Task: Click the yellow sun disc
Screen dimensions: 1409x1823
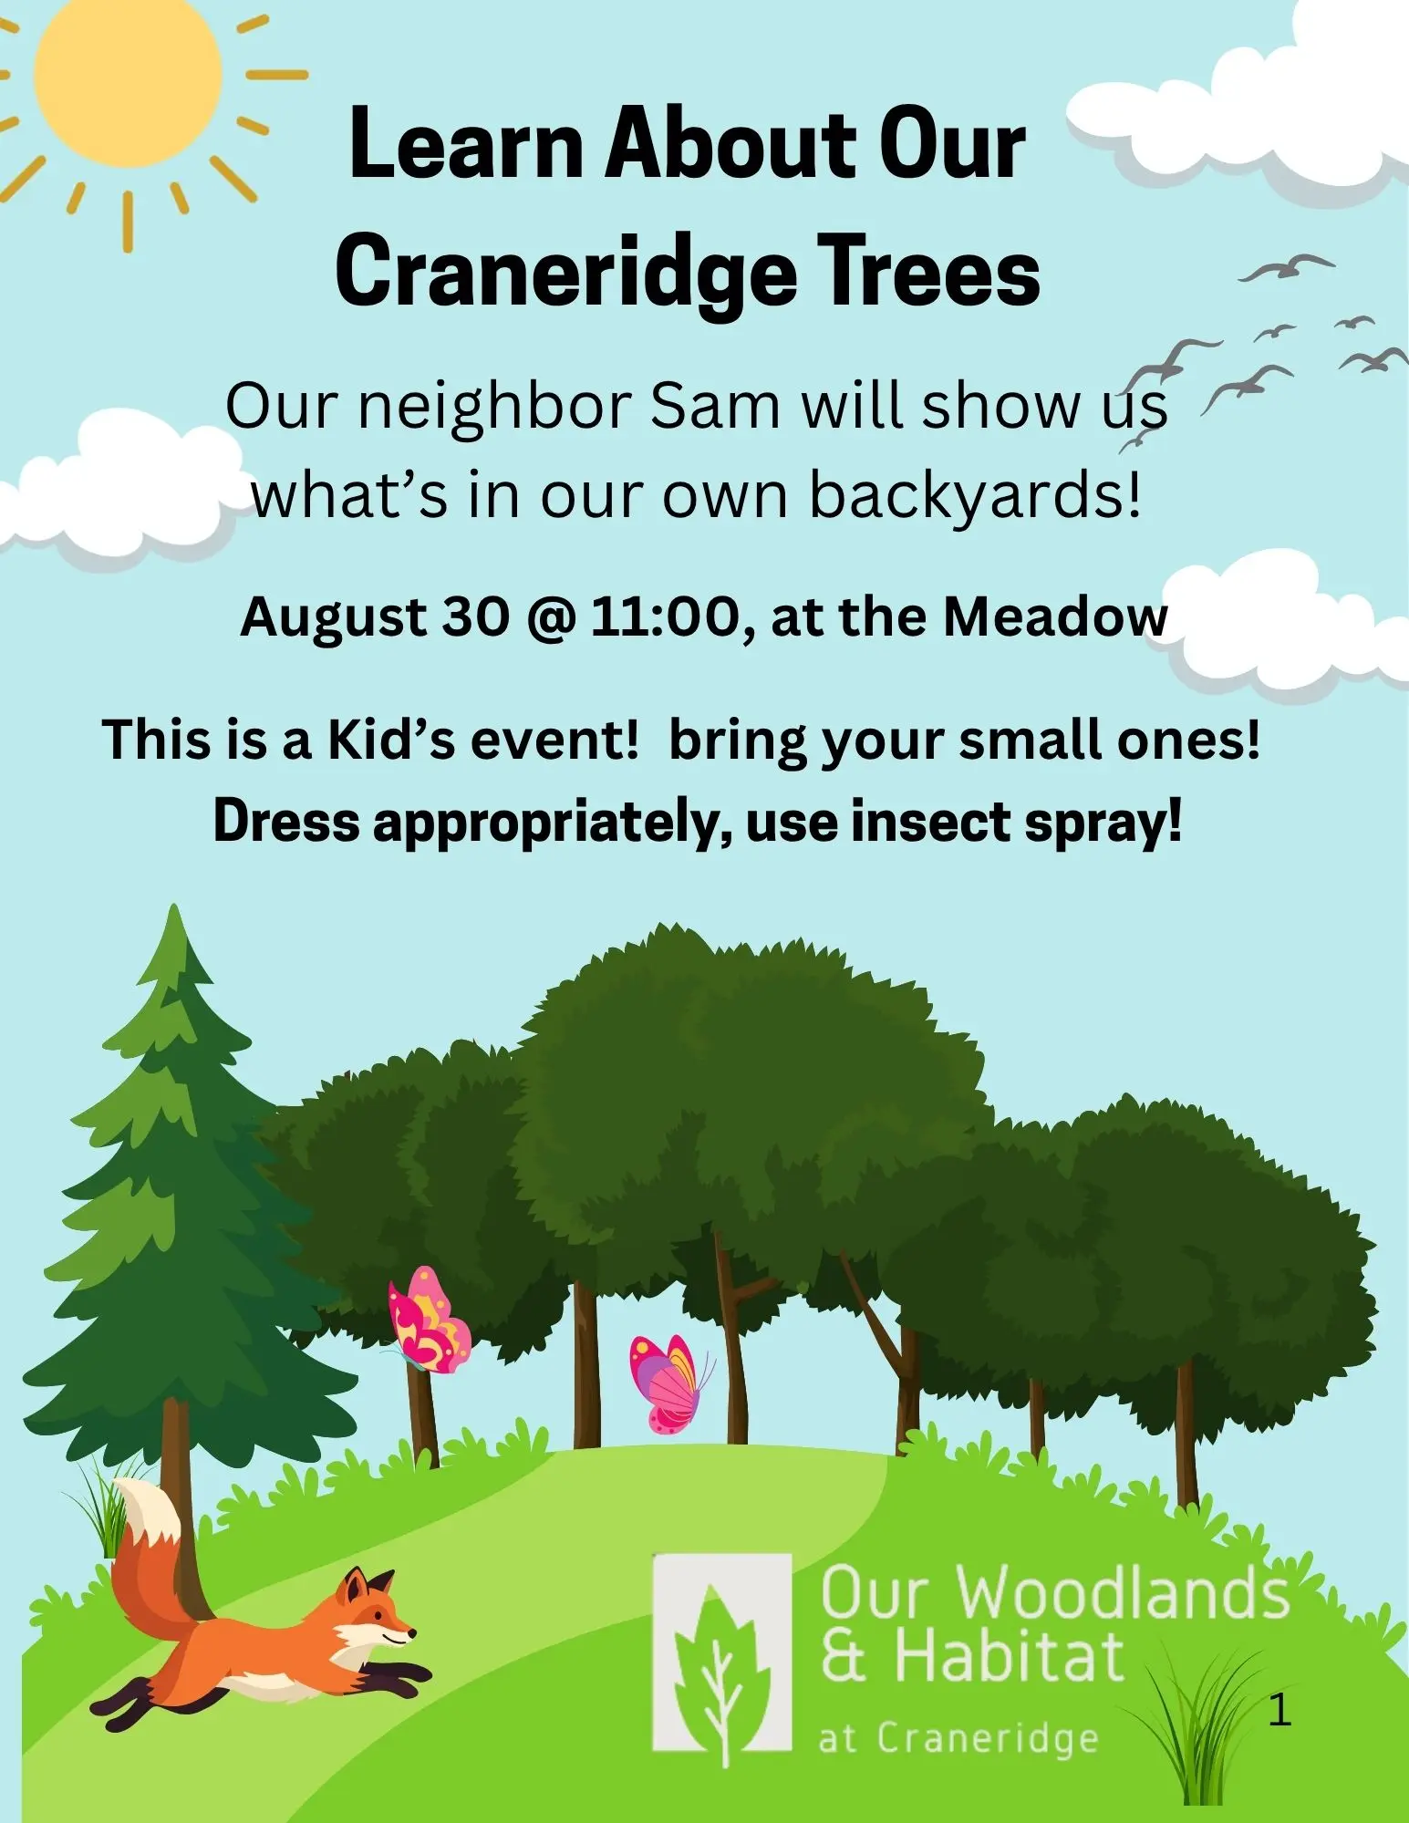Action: [128, 75]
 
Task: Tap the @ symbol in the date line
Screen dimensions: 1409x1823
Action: [550, 618]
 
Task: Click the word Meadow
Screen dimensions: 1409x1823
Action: [1055, 616]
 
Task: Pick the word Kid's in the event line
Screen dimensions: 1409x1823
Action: [390, 739]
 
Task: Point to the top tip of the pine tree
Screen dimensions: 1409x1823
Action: [174, 905]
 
